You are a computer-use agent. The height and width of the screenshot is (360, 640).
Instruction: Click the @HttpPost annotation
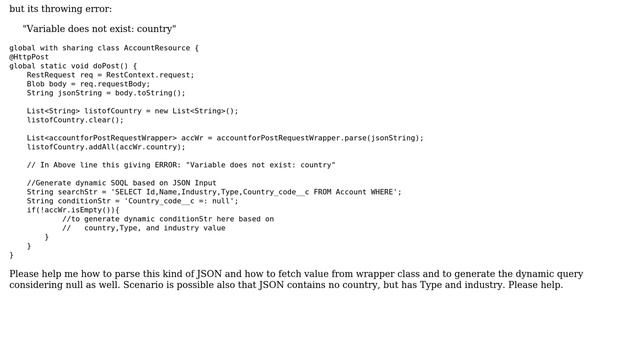(29, 57)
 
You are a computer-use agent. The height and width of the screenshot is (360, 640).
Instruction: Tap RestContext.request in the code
(155, 75)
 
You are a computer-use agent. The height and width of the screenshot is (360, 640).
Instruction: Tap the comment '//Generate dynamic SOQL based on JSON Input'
(121, 183)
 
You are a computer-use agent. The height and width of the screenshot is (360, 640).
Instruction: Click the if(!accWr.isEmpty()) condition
(72, 210)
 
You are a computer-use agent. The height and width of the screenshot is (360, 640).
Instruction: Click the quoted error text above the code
(99, 29)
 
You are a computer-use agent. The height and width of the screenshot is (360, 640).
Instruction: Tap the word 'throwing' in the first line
(60, 9)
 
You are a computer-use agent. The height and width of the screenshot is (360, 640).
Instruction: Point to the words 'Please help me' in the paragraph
(41, 274)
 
